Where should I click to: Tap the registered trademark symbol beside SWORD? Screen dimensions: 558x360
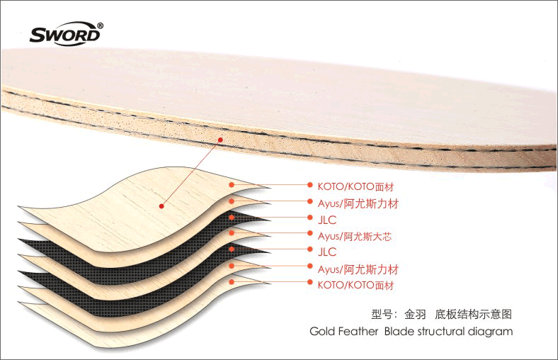[101, 26]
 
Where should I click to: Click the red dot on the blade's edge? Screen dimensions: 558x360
[220, 140]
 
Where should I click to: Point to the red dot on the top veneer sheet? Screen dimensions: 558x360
[161, 206]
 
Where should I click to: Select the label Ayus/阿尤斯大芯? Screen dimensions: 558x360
[355, 237]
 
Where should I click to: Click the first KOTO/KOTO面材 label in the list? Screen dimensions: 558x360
[355, 186]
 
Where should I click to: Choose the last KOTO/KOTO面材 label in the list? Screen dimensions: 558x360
[355, 285]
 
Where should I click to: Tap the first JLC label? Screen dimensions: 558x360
[327, 220]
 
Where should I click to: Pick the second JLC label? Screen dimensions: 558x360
[327, 252]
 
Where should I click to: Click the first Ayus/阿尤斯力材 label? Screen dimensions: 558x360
[358, 203]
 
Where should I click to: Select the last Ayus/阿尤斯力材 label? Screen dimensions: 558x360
[358, 269]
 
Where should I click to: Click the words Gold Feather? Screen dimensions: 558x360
[343, 331]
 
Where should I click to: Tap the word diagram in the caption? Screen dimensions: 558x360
[491, 332]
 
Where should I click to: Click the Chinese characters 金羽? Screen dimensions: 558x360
[415, 314]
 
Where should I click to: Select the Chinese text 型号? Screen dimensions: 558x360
[382, 314]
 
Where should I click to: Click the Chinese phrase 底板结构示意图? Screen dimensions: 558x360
[473, 314]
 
